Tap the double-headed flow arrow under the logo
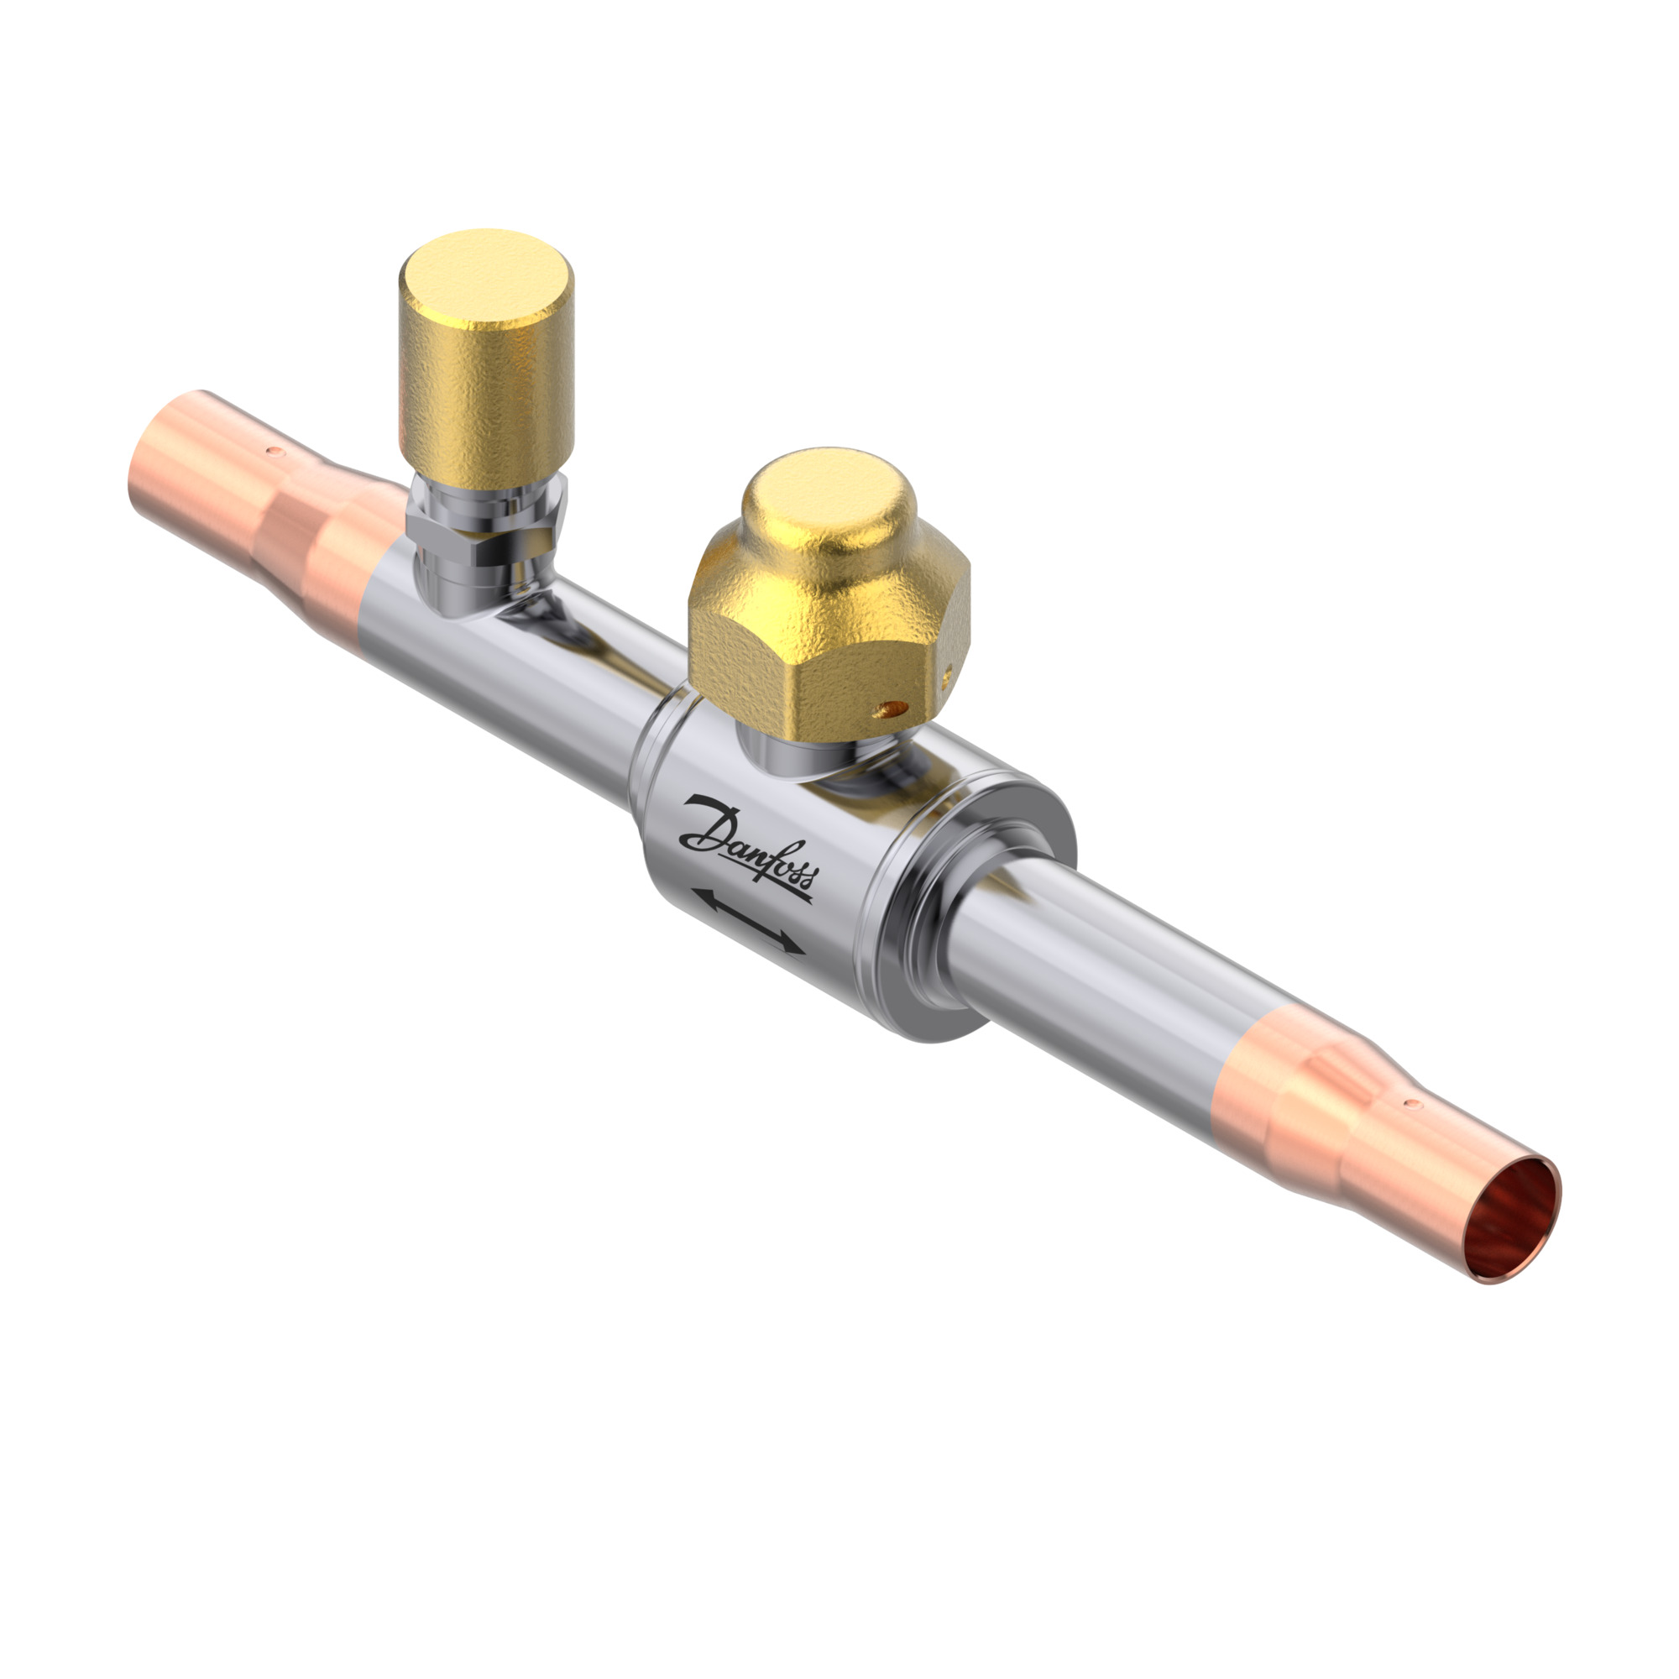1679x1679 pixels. (748, 921)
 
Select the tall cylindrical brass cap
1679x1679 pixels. (486, 358)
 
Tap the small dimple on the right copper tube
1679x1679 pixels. (1412, 1105)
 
